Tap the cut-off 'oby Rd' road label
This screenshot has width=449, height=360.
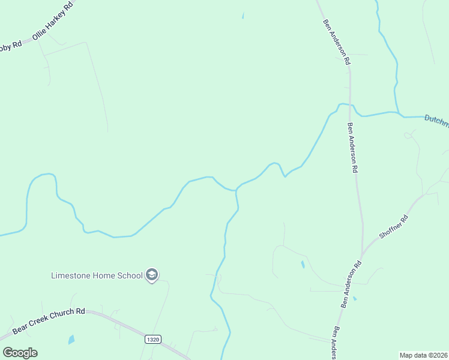[10, 46]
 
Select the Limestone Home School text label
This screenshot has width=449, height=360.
[97, 275]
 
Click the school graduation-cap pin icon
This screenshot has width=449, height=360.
[152, 275]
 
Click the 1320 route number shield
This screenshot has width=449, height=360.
[153, 339]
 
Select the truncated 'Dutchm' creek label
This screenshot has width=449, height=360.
[436, 120]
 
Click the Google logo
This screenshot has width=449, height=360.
[20, 353]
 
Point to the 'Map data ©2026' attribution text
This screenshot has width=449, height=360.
[423, 355]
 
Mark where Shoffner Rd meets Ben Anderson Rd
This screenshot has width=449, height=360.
[362, 254]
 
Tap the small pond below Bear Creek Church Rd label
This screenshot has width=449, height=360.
[72, 340]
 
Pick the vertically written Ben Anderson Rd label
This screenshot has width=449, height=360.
[353, 148]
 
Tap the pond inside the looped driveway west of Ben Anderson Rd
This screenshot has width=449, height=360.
[303, 264]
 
